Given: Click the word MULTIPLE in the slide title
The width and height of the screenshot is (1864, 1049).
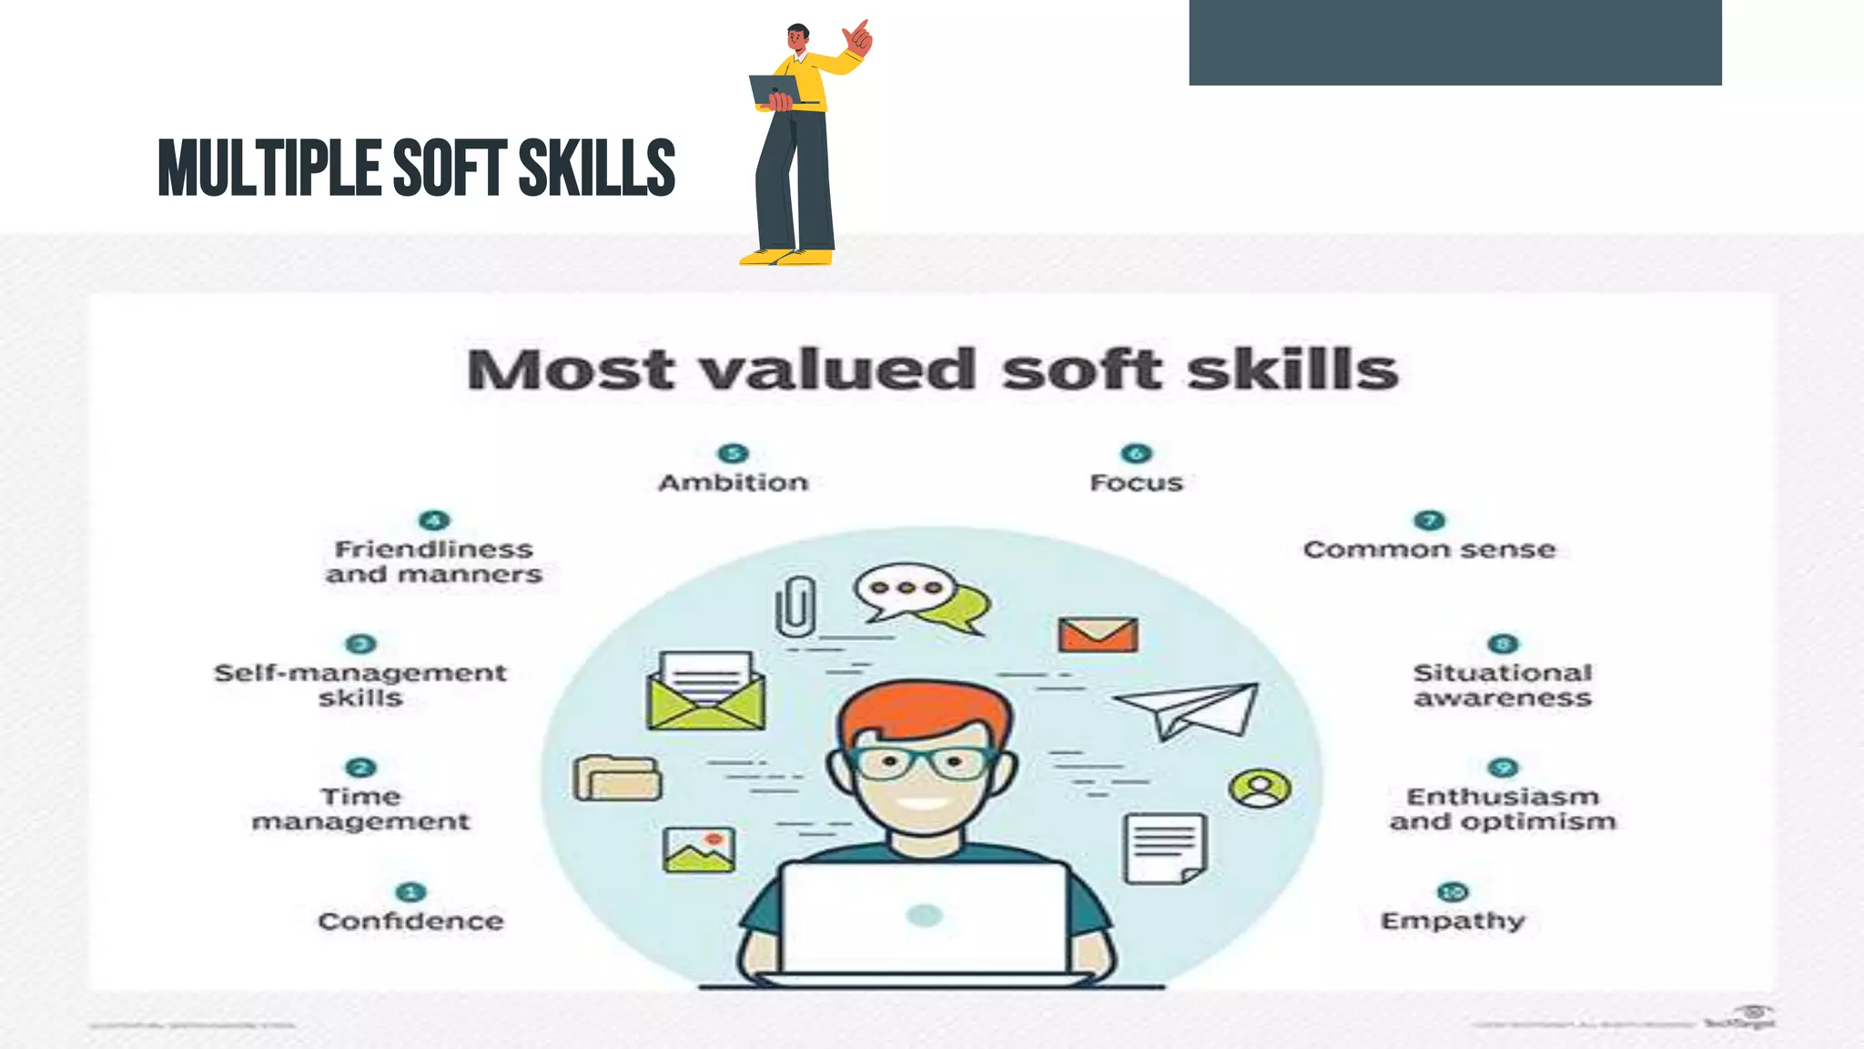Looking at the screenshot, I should [x=269, y=168].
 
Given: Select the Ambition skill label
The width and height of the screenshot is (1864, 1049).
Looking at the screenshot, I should [x=734, y=483].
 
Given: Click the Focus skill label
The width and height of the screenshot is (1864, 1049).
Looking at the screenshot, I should [x=1136, y=483].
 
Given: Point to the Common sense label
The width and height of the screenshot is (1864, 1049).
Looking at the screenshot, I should [x=1429, y=550].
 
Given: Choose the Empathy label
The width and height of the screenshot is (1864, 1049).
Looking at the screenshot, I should [x=1453, y=921].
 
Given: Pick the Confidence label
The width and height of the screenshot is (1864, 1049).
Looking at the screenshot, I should [x=410, y=921].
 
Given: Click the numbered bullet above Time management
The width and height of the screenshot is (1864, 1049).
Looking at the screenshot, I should [x=361, y=768].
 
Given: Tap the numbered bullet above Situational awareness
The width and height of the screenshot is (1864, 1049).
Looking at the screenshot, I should [x=1503, y=644].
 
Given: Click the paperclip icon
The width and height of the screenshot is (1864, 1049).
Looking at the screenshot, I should [x=795, y=606].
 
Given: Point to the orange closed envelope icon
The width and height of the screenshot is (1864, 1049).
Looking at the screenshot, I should [x=1098, y=635].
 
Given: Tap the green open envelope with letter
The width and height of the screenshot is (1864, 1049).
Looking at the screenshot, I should [x=706, y=692].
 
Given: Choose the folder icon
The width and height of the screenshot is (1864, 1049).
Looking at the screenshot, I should [x=618, y=779].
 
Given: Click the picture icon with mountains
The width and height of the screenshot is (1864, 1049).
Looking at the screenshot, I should [x=699, y=850].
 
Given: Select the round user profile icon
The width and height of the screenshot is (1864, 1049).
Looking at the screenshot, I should [x=1260, y=788].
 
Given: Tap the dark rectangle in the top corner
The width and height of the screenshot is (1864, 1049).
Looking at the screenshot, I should [x=1454, y=42].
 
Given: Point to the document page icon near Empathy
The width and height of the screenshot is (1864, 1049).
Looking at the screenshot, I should [x=1166, y=848].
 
